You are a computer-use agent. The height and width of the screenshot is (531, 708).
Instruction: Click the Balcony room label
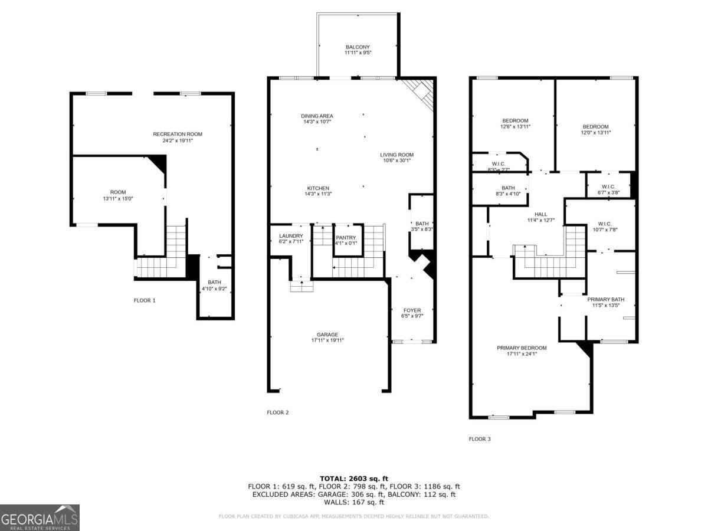pos(358,47)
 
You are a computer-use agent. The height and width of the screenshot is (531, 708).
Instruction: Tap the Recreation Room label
pos(178,135)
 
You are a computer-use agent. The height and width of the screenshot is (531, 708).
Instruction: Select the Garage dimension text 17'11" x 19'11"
pos(327,340)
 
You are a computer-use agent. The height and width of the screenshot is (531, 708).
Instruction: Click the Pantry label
pos(346,237)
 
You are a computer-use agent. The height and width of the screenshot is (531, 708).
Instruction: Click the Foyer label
pos(412,310)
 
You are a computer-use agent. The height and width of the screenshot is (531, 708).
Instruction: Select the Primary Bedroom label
pos(522,348)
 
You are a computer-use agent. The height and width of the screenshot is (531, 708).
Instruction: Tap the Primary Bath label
pos(605,299)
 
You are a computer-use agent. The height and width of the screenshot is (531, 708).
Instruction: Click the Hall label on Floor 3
pos(541,214)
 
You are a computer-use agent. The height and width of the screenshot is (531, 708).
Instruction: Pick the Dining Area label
pos(317,116)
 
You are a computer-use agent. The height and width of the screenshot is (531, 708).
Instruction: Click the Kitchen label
pos(317,188)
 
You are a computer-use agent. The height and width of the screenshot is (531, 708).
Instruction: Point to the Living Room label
pos(396,155)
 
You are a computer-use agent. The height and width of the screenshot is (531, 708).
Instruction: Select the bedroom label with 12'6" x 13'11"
pos(514,120)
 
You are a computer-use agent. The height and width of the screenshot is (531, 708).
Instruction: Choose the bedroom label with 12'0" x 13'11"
pos(595,127)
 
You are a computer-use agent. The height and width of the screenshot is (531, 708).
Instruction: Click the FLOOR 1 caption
pos(145,300)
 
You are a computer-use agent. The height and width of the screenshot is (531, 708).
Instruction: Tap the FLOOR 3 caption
pos(480,439)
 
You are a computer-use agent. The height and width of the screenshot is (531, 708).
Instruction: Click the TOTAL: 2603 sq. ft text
pos(354,478)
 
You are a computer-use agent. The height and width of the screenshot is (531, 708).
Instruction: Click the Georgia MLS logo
pos(40,517)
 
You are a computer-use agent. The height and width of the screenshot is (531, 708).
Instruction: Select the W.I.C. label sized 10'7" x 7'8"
pos(604,224)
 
